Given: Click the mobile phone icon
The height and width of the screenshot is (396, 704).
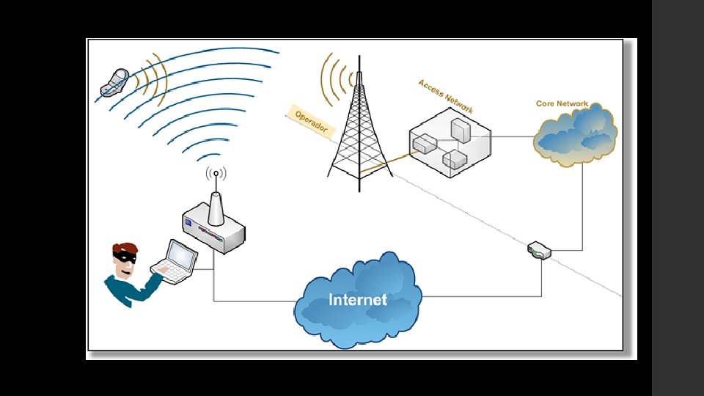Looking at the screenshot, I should tap(115, 82).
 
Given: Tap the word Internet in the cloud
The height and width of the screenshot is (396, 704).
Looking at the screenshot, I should tap(358, 299).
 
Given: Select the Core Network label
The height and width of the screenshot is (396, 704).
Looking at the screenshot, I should tap(562, 103).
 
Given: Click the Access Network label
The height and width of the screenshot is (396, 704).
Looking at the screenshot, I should tap(445, 96).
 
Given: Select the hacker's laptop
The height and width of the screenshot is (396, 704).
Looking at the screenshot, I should tap(176, 261).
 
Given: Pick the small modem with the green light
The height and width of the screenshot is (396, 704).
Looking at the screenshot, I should tap(539, 251).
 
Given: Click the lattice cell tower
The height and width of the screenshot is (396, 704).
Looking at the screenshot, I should tap(359, 132).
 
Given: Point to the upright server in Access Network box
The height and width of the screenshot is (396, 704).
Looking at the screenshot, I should tap(461, 130).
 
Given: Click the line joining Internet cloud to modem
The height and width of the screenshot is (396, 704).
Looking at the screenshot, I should tap(484, 296).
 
